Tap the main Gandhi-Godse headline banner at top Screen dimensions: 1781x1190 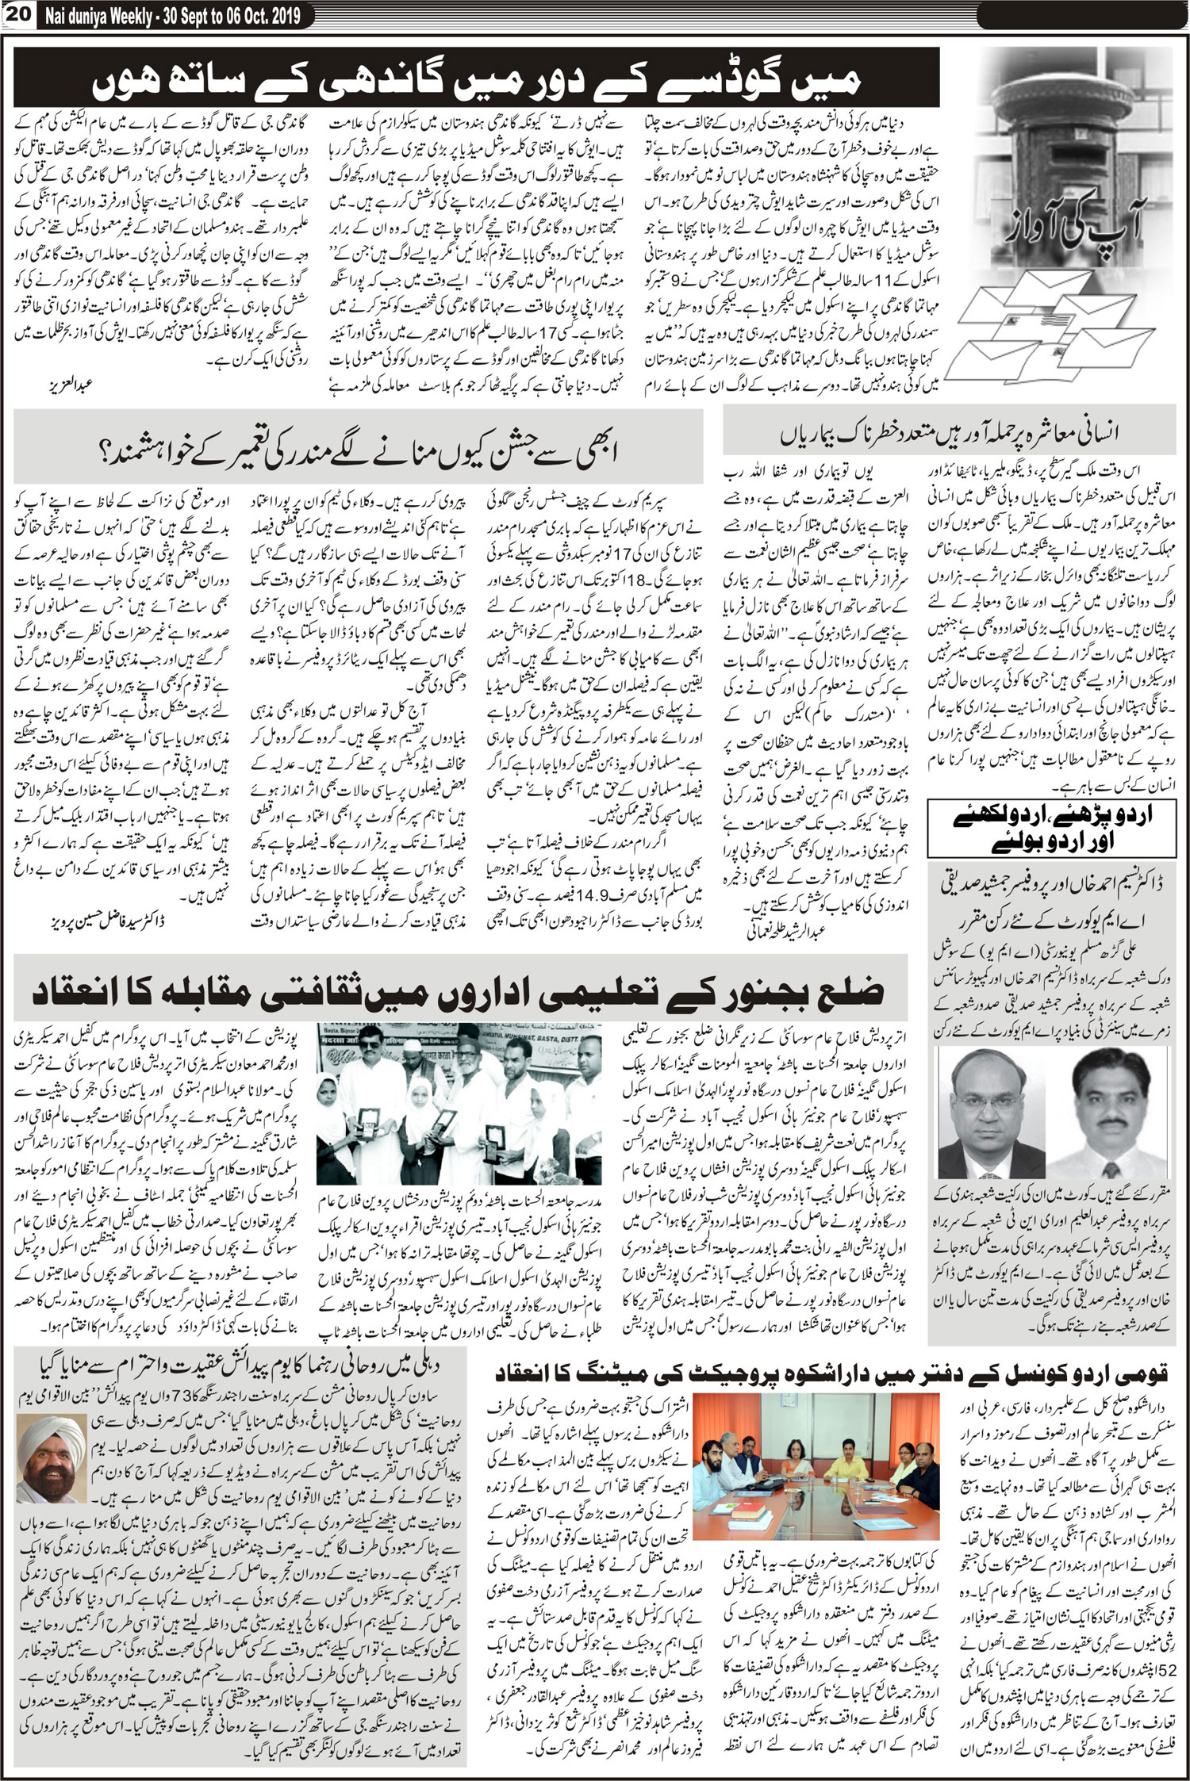pos(476,78)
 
